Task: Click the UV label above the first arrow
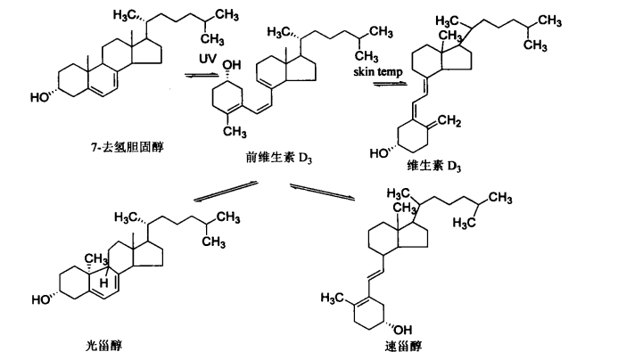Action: pyautogui.click(x=207, y=58)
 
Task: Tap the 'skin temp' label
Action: pyautogui.click(x=378, y=71)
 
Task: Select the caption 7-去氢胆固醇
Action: pyautogui.click(x=127, y=147)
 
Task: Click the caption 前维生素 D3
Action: pyautogui.click(x=278, y=158)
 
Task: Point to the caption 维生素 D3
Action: pyautogui.click(x=434, y=166)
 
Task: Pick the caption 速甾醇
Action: pyautogui.click(x=403, y=347)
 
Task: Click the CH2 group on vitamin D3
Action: pyautogui.click(x=449, y=120)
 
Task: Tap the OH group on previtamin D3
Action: pyautogui.click(x=232, y=65)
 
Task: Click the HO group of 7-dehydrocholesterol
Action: pyautogui.click(x=40, y=97)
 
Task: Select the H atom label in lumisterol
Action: pyautogui.click(x=103, y=282)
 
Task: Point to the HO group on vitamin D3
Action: pyautogui.click(x=380, y=153)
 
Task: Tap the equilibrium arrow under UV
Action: pyautogui.click(x=202, y=76)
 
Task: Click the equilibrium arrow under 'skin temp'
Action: pyautogui.click(x=390, y=83)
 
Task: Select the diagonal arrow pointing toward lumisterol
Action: pyautogui.click(x=226, y=192)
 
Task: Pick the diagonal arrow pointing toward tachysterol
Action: pyautogui.click(x=323, y=192)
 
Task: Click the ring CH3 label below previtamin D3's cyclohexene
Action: pyautogui.click(x=235, y=131)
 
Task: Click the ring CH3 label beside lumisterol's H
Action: pyautogui.click(x=96, y=259)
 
